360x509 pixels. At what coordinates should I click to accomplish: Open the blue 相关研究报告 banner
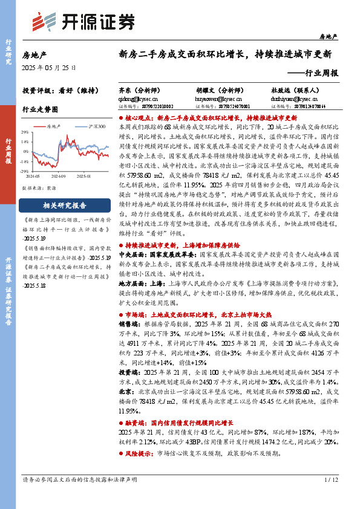tap(62, 206)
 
